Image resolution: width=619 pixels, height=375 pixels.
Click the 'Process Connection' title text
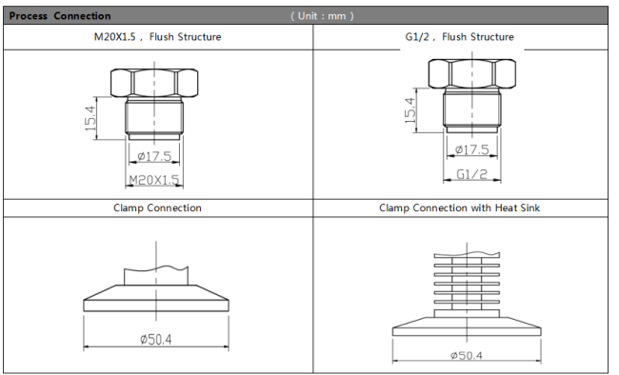pos(60,16)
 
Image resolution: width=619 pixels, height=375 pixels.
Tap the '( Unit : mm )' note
pos(322,16)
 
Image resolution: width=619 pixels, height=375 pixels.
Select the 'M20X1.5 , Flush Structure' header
pos(157,37)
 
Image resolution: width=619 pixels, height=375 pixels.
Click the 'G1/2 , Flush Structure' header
pos(460,37)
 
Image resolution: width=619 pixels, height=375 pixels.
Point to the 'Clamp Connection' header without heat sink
pos(157,207)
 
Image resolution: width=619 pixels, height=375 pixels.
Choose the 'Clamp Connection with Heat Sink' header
pos(459,207)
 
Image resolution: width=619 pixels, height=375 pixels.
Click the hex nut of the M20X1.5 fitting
pos(154,83)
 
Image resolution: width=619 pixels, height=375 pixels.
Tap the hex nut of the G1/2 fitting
pos(472,74)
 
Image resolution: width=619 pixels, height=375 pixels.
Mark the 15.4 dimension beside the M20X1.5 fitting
pos(90,118)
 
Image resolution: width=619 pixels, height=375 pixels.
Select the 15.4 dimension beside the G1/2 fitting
pos(409,110)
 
